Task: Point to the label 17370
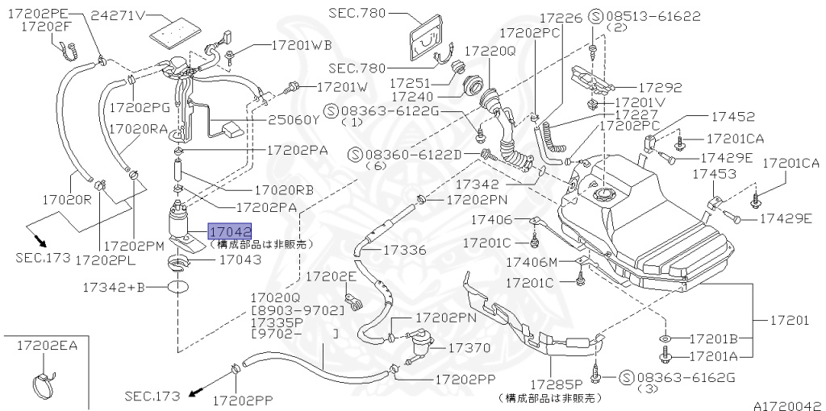[x=469, y=347]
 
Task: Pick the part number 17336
[x=404, y=250]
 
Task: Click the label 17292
[x=661, y=88]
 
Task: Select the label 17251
[x=413, y=83]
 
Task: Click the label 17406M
[x=532, y=262]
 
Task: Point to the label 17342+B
[x=114, y=286]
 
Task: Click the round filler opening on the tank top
[x=604, y=193]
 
